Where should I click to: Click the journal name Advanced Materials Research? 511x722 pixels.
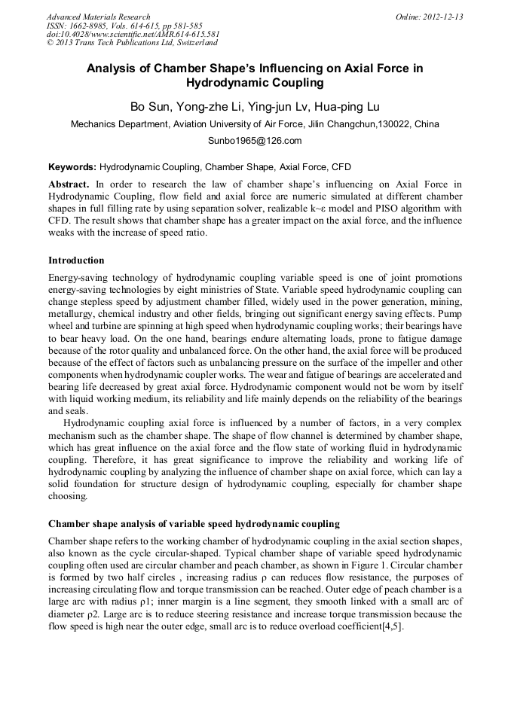98,17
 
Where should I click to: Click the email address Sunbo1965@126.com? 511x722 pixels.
255,141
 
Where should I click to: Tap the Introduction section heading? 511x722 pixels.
76,260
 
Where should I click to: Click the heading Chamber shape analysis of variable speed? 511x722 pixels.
194,524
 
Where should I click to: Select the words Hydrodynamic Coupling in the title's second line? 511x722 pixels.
255,83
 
